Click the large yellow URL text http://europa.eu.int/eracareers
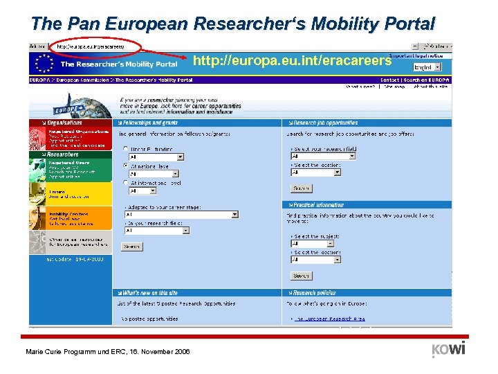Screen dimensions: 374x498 point(292,61)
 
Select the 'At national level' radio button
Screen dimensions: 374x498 point(125,166)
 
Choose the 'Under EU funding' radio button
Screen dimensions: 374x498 point(125,149)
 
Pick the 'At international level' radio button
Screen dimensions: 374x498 point(125,183)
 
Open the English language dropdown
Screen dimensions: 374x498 point(432,67)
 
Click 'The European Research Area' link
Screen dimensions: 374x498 point(329,319)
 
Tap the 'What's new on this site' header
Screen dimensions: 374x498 point(149,293)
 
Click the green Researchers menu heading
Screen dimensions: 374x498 point(64,154)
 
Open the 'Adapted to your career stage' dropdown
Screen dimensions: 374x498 point(181,215)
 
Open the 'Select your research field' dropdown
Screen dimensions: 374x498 point(323,156)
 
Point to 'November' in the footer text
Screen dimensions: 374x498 point(158,352)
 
